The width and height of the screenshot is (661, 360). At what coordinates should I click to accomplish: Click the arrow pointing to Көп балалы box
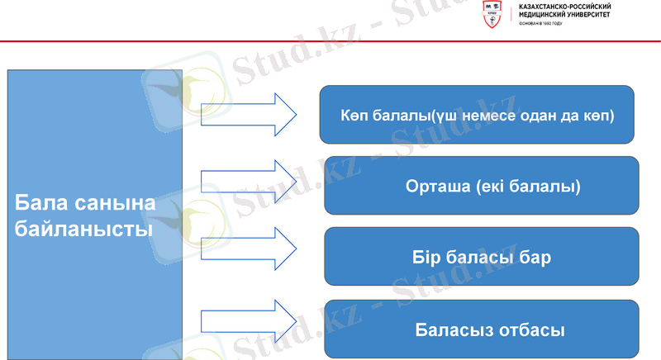pos(248,109)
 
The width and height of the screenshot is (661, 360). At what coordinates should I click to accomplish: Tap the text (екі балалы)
pos(528,187)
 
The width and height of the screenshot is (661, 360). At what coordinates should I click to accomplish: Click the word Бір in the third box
pos(429,258)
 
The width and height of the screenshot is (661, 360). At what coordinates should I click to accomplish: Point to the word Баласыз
pos(454,330)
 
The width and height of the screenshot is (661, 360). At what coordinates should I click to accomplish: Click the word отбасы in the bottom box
pos(530,330)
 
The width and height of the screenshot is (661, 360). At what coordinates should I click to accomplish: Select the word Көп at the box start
pos(354,115)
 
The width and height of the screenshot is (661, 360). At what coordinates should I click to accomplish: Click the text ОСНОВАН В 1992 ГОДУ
pos(541,24)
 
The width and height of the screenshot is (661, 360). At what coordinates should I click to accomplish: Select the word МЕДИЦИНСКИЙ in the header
pos(541,16)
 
